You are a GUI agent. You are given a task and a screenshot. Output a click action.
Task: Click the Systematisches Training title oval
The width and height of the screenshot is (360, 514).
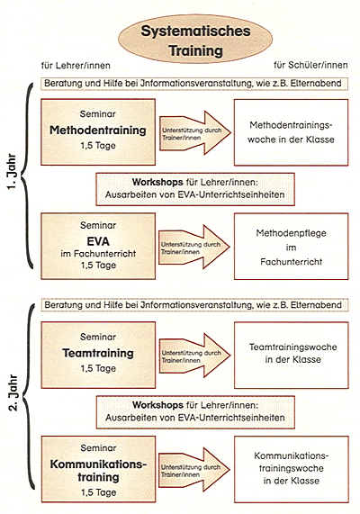point(195,39)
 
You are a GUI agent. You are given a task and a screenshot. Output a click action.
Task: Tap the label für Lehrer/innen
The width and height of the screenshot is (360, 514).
point(76,66)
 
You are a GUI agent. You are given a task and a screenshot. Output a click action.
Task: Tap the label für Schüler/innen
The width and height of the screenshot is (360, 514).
point(310,65)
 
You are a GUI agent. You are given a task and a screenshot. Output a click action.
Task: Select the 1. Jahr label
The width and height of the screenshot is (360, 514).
point(12,171)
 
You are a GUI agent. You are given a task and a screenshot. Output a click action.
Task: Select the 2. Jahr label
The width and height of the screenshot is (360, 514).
point(13,393)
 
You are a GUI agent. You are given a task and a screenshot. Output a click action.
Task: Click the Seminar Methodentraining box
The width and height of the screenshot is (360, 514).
point(98,132)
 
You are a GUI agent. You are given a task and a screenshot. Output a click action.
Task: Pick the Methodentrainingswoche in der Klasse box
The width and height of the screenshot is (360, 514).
point(291,132)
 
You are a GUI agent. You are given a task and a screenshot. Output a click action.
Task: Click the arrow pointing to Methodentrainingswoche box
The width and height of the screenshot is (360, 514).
point(195,132)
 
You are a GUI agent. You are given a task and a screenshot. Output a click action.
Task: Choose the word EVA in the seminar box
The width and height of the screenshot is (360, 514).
point(98,241)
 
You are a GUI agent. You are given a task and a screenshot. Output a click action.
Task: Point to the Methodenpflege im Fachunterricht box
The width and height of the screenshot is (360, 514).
point(291,246)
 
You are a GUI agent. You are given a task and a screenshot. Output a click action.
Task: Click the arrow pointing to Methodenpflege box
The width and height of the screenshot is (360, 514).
point(194,247)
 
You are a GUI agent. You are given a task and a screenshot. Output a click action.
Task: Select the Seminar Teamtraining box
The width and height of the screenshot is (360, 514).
point(98,355)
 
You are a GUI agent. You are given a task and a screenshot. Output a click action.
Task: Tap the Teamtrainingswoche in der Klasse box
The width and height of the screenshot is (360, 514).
point(291,355)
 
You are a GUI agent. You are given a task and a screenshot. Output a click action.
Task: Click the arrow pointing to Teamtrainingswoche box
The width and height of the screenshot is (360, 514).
point(195,356)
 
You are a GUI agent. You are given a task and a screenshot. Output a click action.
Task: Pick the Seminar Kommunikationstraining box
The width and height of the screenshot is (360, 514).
point(98,469)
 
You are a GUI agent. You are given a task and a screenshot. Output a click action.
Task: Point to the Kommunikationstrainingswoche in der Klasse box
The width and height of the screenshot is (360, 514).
point(291,469)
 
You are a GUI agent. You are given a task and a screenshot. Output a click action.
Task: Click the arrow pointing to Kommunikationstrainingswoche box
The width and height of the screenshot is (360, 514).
point(194,470)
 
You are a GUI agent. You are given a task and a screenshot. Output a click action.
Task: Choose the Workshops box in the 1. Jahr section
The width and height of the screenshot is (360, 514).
point(195,189)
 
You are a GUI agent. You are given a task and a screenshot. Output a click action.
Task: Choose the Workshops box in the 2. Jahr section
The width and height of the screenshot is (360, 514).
point(195,412)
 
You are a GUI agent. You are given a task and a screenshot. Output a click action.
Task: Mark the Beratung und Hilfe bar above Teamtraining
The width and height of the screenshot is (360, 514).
point(194,305)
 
